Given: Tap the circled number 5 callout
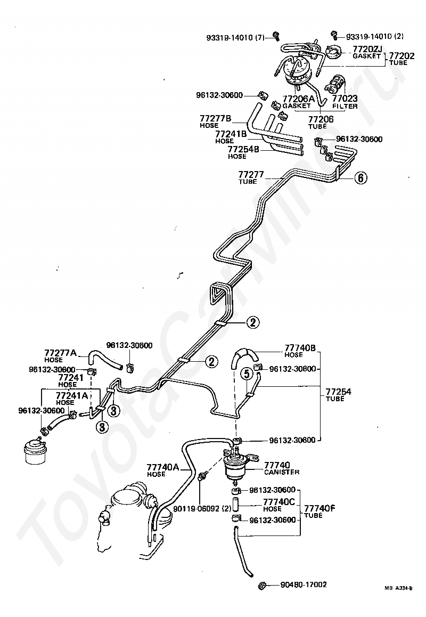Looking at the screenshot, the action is click(x=247, y=374).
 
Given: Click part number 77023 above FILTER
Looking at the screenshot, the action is click(x=345, y=99).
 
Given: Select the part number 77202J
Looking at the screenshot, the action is click(x=367, y=49).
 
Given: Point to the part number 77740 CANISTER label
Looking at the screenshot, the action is click(x=282, y=468).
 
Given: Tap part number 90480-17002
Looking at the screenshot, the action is click(x=304, y=584).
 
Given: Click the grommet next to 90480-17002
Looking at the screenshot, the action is click(x=263, y=586).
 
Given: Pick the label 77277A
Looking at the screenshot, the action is click(x=60, y=353).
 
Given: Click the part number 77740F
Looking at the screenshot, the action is click(x=319, y=508).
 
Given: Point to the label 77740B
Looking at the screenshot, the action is click(x=300, y=348).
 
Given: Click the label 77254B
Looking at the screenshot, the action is click(x=243, y=150).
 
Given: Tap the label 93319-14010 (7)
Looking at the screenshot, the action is click(x=235, y=38).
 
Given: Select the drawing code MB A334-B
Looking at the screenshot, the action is click(x=398, y=599).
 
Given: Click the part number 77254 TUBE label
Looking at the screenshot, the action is click(x=338, y=395).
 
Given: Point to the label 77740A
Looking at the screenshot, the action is click(x=162, y=467).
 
